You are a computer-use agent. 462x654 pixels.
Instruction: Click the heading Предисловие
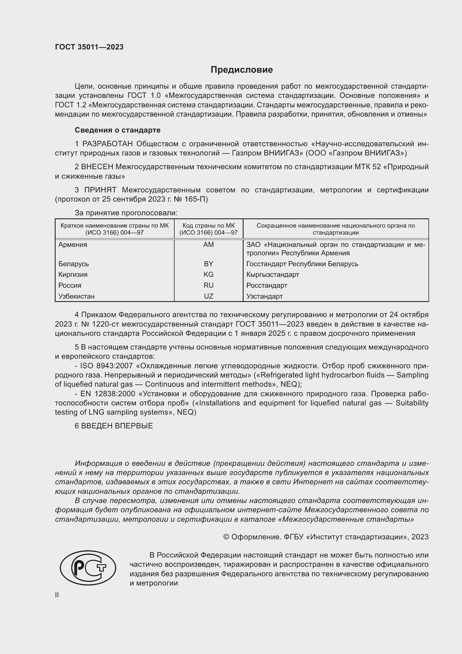242,70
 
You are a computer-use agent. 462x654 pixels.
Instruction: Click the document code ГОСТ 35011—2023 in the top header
89,47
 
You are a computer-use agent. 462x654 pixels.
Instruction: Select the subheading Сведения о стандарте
118,130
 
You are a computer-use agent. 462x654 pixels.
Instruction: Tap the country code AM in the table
208,245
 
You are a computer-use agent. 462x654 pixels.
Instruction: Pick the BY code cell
208,264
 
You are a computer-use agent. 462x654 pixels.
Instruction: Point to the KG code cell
208,275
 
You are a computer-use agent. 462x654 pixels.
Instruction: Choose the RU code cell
208,285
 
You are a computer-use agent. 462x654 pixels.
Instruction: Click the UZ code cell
208,296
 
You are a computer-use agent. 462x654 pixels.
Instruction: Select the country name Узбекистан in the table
76,296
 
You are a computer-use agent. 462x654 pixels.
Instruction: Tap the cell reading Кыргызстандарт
273,275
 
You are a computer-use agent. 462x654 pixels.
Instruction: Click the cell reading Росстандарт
266,285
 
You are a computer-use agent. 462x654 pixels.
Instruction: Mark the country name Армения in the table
73,245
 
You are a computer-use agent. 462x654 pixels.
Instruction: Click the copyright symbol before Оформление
226,537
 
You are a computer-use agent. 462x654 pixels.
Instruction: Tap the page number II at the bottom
57,595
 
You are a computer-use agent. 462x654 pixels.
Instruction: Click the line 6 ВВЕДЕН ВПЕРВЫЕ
114,426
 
